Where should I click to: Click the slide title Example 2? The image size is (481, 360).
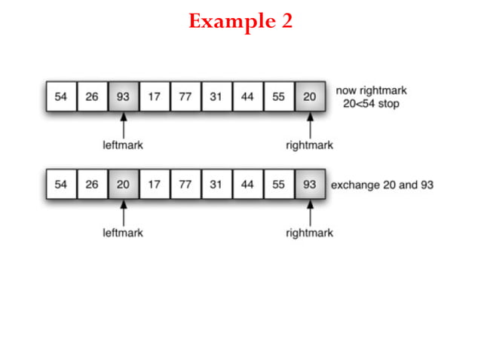pyautogui.click(x=240, y=22)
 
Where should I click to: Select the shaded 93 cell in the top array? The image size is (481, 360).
pyautogui.click(x=123, y=96)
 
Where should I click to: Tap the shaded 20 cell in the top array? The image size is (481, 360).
pyautogui.click(x=309, y=96)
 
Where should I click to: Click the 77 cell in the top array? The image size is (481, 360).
pyautogui.click(x=185, y=96)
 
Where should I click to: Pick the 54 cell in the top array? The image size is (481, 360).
pyautogui.click(x=61, y=96)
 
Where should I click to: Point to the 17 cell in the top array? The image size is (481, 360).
pyautogui.click(x=154, y=96)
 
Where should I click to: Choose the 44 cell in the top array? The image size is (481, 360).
pyautogui.click(x=247, y=96)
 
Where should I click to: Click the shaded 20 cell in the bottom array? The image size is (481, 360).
pyautogui.click(x=123, y=185)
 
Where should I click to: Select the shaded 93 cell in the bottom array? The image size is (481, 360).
pyautogui.click(x=309, y=185)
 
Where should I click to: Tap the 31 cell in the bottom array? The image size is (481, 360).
pyautogui.click(x=216, y=185)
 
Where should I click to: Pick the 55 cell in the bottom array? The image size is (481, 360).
pyautogui.click(x=278, y=185)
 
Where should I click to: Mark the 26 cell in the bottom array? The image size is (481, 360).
pyautogui.click(x=92, y=185)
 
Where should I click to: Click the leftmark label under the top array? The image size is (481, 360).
pyautogui.click(x=123, y=145)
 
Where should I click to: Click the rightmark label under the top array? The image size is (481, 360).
pyautogui.click(x=309, y=145)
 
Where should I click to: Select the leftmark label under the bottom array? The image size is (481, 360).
pyautogui.click(x=123, y=233)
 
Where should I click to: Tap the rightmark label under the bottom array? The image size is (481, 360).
pyautogui.click(x=309, y=233)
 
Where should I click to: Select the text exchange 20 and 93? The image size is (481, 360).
pyautogui.click(x=382, y=185)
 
